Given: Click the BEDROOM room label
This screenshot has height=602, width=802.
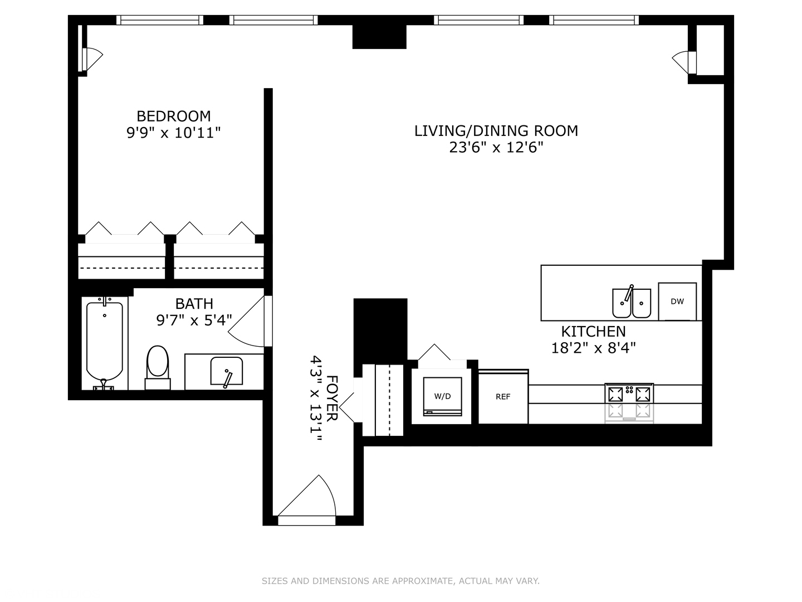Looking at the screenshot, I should (174, 116).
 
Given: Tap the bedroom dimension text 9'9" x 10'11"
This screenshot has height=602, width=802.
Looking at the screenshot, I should (174, 133).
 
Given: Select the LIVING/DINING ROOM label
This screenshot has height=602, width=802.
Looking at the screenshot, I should (496, 130).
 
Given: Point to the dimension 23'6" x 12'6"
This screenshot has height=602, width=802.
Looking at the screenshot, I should (496, 148).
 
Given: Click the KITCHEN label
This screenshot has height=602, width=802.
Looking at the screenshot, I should (593, 331).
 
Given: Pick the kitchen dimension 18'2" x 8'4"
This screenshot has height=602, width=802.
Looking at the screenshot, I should (593, 348).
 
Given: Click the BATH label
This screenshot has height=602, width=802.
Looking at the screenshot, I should (194, 303).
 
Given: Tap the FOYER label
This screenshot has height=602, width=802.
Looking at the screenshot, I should (331, 399).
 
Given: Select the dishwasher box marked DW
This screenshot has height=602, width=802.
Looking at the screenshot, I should (677, 302).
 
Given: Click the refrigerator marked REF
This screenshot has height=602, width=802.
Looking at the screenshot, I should (503, 397).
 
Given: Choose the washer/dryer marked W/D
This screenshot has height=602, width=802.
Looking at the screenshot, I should (442, 396).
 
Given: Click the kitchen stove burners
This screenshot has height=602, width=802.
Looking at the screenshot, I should (629, 394).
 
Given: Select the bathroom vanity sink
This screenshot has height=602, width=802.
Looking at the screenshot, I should (226, 371).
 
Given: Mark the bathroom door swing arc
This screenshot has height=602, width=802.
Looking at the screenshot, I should (248, 323).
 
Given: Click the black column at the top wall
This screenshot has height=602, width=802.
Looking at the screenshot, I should (379, 37).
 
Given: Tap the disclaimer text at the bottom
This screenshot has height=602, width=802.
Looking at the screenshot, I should (400, 581).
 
